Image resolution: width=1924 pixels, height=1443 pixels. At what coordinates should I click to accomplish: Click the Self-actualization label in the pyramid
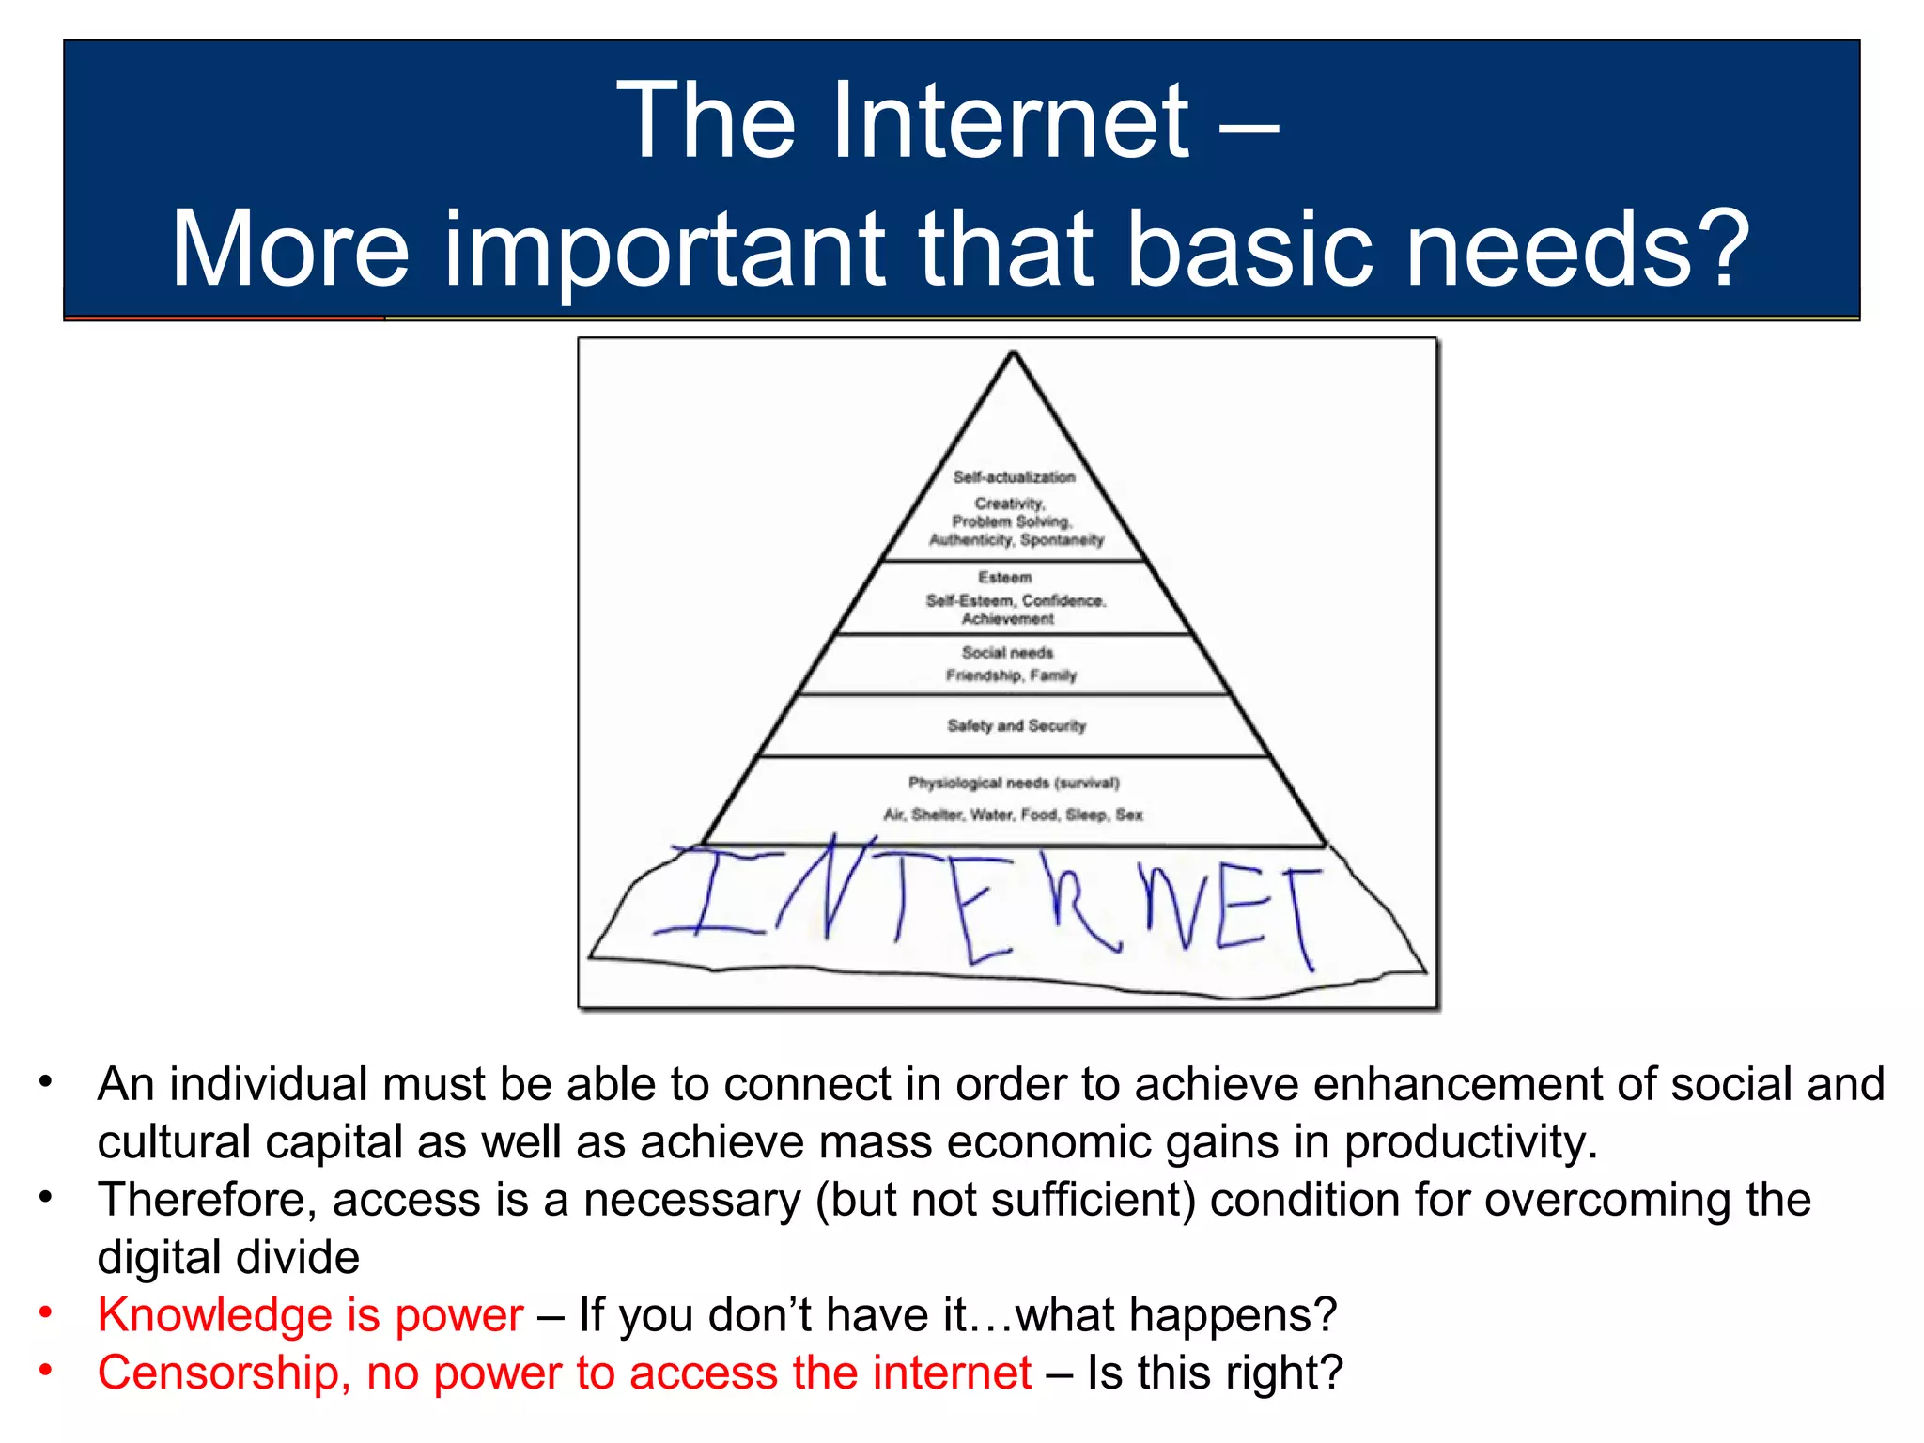[1014, 477]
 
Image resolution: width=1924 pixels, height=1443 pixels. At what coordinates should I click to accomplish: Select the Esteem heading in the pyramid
[1004, 577]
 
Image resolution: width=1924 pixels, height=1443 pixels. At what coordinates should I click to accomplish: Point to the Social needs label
[1007, 652]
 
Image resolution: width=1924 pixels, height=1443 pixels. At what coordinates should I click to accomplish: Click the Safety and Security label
[1016, 725]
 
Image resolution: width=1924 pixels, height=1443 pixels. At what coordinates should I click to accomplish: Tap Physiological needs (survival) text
[1013, 783]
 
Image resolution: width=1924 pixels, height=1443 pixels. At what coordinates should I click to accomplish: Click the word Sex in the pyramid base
[1129, 815]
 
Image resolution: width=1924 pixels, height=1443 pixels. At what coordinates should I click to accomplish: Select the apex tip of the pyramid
[1013, 354]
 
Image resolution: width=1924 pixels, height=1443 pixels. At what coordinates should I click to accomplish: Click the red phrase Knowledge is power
[310, 1315]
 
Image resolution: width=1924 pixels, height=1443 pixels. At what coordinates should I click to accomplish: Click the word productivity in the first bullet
[1469, 1142]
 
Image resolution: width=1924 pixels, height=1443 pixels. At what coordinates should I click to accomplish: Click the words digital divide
[228, 1257]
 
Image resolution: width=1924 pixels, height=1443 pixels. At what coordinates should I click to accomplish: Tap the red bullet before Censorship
[45, 1369]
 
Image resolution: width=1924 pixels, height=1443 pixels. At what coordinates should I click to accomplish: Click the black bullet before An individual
[45, 1081]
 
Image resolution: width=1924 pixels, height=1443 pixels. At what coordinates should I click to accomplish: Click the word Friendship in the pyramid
[983, 675]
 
